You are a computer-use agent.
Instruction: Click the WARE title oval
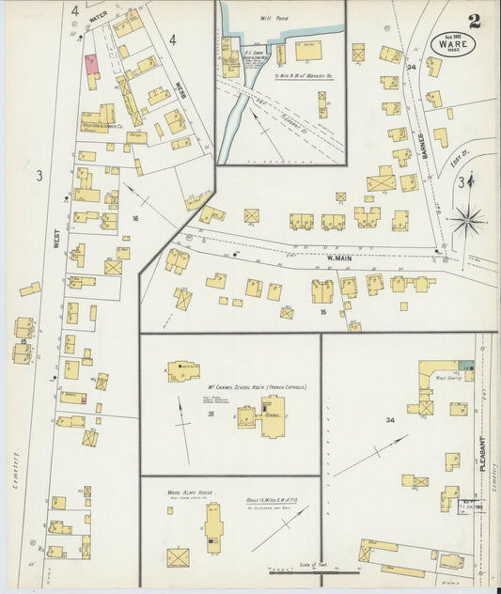(x=454, y=44)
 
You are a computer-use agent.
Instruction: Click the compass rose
(x=466, y=223)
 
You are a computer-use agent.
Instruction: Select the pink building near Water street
(x=92, y=64)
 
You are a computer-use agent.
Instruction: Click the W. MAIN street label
(x=338, y=257)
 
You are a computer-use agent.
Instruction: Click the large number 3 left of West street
(x=39, y=175)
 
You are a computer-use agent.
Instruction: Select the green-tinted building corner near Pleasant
(x=467, y=364)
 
